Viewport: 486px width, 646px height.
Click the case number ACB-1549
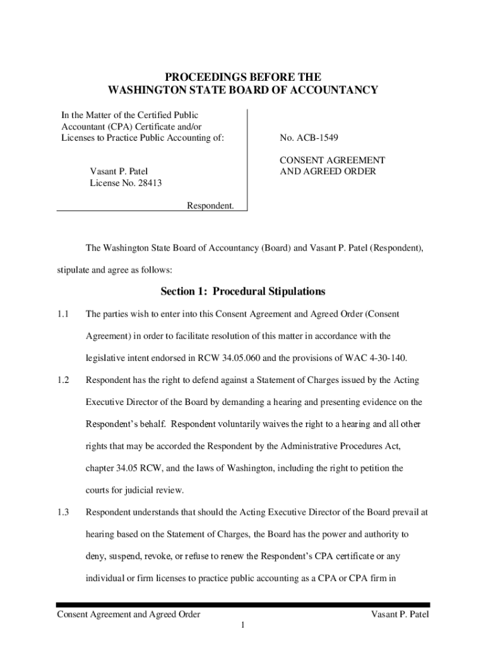coord(307,138)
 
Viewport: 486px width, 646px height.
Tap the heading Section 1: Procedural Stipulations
coord(243,291)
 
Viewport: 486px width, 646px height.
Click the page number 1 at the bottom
coord(243,625)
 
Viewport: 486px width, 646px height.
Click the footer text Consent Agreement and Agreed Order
coord(129,614)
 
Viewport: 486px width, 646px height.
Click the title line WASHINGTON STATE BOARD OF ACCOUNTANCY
coord(243,90)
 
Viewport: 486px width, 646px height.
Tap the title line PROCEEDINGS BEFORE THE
coord(243,77)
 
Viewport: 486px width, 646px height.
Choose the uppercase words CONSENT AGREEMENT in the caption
coord(332,160)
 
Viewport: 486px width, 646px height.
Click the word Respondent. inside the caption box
coord(210,205)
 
